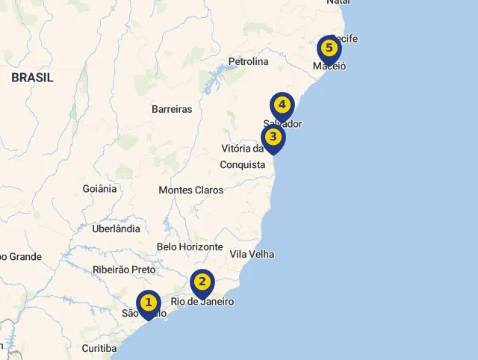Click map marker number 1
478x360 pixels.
(149, 303)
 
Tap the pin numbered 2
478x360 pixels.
(202, 282)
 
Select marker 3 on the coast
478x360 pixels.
(273, 137)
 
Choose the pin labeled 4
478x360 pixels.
(282, 105)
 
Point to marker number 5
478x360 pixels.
(329, 49)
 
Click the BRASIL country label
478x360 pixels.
(32, 78)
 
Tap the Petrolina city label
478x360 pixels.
(248, 62)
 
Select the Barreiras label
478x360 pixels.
(172, 109)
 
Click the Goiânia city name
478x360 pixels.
(99, 189)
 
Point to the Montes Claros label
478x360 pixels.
(190, 190)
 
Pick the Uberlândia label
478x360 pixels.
(116, 229)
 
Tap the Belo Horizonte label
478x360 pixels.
(190, 247)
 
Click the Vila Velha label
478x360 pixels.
(252, 254)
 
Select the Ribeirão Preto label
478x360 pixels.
(124, 270)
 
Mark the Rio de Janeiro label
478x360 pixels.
(203, 302)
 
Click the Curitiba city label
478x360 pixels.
(99, 348)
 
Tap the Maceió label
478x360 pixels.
(329, 66)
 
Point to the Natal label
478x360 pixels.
(338, 2)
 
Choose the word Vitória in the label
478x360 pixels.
(238, 149)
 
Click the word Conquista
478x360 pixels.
(243, 164)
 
